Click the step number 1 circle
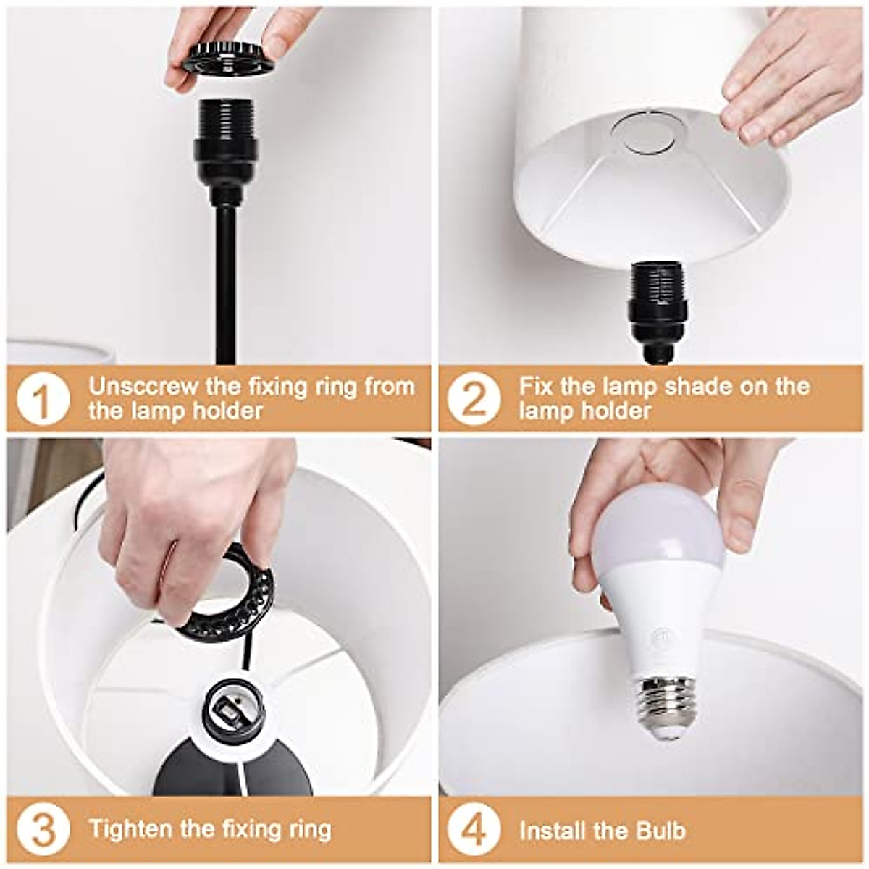[x=42, y=399]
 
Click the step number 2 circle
[x=474, y=399]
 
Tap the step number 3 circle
[x=42, y=829]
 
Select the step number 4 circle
[x=474, y=829]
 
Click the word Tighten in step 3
[x=130, y=828]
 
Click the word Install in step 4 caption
[x=552, y=830]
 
